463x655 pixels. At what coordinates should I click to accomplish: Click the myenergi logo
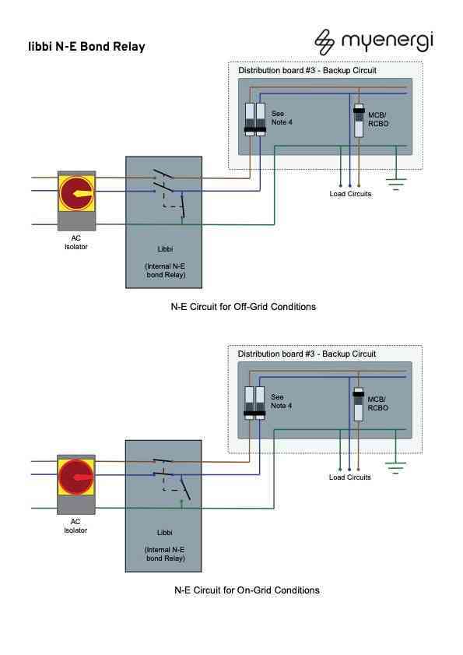[374, 40]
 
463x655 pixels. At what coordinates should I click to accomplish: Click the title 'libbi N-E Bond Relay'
[86, 47]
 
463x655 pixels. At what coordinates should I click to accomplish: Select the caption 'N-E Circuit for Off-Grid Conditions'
[244, 307]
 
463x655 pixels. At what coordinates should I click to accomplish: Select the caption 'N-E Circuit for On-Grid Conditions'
[246, 590]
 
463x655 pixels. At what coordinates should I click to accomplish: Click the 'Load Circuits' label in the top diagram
[350, 194]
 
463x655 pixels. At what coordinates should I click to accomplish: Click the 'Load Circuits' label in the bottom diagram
[350, 477]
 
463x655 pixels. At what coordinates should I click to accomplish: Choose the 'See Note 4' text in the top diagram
[282, 118]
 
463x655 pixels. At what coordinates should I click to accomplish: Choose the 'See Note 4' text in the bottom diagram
[282, 401]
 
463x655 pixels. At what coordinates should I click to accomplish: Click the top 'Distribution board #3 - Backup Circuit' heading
[307, 71]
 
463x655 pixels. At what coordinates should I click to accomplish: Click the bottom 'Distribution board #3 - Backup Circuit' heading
[307, 354]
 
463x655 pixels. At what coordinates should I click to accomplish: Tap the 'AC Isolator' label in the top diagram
[75, 242]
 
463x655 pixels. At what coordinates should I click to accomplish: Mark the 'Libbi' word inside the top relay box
[164, 249]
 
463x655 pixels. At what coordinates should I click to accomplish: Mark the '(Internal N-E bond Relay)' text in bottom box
[164, 554]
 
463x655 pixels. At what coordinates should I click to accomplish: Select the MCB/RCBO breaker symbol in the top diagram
[359, 120]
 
